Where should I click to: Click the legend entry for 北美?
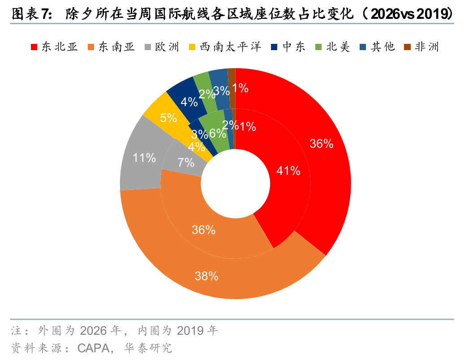332,47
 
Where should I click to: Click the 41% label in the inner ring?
288,170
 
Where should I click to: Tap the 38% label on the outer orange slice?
206,276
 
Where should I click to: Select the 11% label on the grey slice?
144,158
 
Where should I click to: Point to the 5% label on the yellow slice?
168,118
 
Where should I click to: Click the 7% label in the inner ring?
186,163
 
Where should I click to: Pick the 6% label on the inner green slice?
217,133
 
